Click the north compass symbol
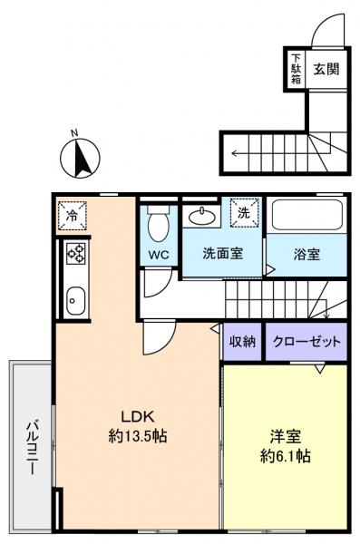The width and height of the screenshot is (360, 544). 78,158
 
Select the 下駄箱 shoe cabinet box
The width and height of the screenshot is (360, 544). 296,69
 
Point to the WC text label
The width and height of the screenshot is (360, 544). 158,255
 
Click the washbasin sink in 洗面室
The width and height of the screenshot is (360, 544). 202,219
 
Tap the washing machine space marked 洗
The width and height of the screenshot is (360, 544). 244,214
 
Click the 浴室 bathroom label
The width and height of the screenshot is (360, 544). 306,255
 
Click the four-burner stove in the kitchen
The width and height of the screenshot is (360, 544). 73,257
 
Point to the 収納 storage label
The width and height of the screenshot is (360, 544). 241,342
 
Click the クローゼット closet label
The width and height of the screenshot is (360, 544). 307,342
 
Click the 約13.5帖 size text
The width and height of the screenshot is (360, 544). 137,436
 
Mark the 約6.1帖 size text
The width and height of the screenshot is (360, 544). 286,456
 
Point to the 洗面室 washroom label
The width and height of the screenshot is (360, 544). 222,255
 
